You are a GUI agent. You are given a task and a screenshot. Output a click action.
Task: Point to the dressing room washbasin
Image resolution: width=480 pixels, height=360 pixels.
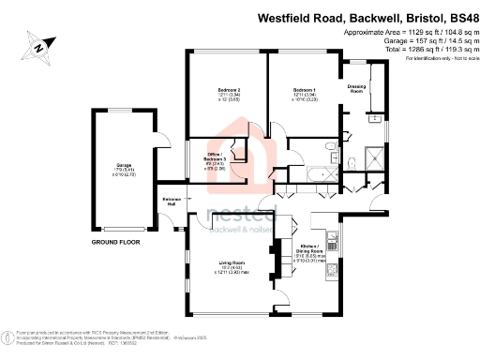(373, 120)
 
